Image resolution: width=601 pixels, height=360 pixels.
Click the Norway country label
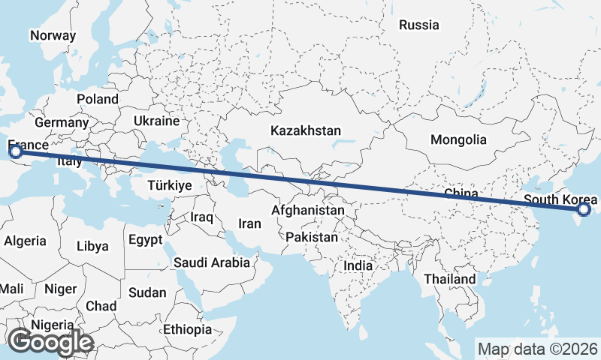point(53,35)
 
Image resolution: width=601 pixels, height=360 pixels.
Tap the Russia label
point(418,25)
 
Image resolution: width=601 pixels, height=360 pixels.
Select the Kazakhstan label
point(306,130)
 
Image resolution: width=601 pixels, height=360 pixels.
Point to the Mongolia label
point(458,139)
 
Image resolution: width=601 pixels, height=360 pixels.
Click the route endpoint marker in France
point(16,152)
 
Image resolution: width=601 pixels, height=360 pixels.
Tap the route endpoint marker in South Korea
point(583,211)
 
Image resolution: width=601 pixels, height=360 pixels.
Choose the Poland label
point(98,99)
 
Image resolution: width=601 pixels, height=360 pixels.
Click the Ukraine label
point(156,121)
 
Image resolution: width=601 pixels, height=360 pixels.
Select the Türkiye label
point(171,185)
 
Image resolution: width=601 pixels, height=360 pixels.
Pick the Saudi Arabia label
point(211,262)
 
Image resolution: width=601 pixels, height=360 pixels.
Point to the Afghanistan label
point(308,211)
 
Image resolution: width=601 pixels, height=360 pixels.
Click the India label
point(358,265)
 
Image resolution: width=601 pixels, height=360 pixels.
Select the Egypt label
point(145,240)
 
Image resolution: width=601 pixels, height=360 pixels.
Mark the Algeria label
point(25,241)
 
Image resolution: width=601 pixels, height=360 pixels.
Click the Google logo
point(51,342)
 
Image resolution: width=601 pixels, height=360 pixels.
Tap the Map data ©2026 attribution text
point(538,349)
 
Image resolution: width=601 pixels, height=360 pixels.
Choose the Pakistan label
point(312,236)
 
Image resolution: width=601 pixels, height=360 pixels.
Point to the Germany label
point(62,122)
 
